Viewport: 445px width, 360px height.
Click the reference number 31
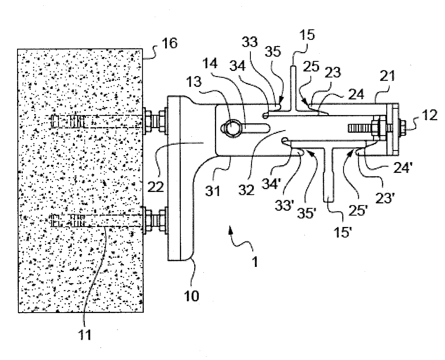click(214, 190)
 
